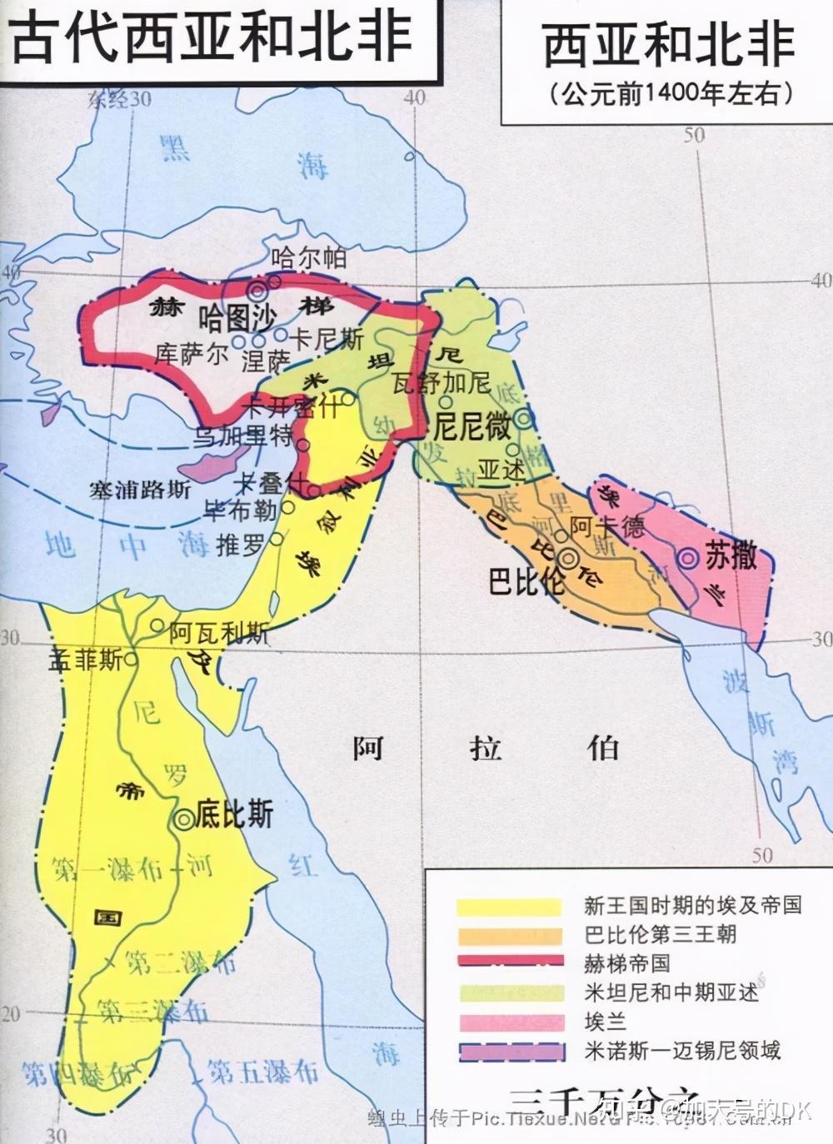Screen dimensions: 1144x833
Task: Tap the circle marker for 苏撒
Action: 688,560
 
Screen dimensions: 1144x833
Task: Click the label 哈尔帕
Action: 308,258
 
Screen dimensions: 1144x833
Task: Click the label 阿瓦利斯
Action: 218,633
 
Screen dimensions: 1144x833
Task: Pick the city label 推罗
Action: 240,545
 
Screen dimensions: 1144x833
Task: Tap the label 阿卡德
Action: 607,526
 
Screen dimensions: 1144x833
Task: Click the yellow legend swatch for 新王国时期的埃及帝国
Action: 508,906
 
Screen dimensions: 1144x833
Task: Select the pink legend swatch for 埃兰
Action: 508,1022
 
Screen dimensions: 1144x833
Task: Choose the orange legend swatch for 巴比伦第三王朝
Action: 508,934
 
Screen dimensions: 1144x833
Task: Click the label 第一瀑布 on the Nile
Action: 107,870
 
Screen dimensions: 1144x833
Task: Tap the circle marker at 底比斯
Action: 183,819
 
